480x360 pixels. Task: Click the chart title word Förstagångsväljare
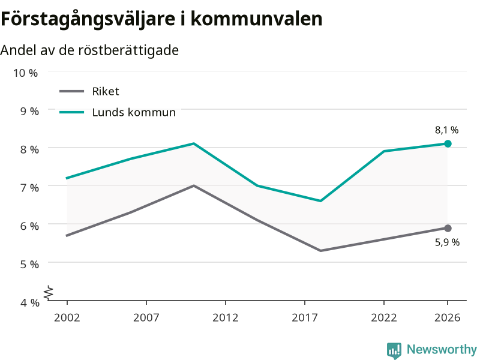point(88,19)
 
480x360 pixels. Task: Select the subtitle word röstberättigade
point(128,50)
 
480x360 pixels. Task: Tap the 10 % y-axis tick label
point(25,73)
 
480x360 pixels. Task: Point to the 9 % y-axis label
point(29,111)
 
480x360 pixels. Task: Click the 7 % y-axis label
point(29,187)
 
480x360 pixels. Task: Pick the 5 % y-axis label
point(29,264)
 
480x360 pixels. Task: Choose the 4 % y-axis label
point(29,302)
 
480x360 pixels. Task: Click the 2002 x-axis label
point(67,317)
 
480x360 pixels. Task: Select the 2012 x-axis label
point(226,317)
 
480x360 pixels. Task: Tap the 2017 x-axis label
point(305,317)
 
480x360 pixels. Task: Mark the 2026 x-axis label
point(447,317)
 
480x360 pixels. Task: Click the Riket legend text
point(106,91)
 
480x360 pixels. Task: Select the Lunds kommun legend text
point(134,112)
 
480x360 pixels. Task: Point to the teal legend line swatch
point(71,112)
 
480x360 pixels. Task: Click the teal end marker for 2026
point(448,143)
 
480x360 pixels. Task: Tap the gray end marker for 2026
point(448,228)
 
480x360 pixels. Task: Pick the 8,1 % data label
point(447,130)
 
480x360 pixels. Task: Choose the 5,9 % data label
point(447,242)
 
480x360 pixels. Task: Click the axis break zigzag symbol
point(49,293)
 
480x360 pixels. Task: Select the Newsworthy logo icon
point(394,350)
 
